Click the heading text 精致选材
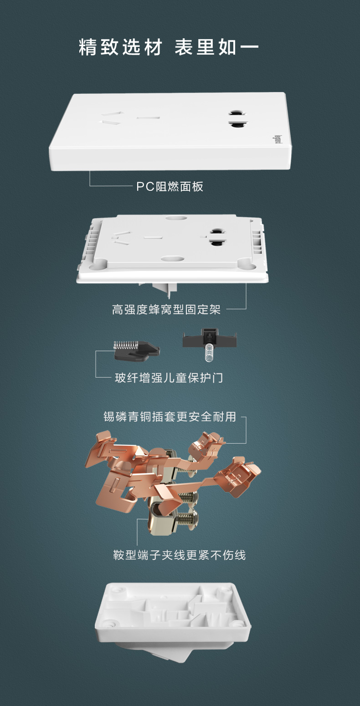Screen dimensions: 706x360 pyautogui.click(x=120, y=48)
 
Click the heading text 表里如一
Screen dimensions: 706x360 pyautogui.click(x=216, y=48)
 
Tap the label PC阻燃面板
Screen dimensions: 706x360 pyautogui.click(x=170, y=187)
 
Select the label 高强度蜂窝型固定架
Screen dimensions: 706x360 pyautogui.click(x=166, y=310)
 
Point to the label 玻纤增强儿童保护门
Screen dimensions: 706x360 pyautogui.click(x=169, y=378)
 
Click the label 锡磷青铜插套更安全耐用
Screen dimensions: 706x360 pyautogui.click(x=170, y=417)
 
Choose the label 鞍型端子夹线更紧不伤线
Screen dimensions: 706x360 pyautogui.click(x=180, y=555)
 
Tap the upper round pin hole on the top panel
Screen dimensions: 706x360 pyautogui.click(x=237, y=112)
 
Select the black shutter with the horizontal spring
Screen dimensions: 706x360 pyautogui.click(x=135, y=350)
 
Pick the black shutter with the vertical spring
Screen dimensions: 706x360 pyautogui.click(x=209, y=340)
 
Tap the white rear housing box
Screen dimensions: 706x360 pyautogui.click(x=173, y=615)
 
